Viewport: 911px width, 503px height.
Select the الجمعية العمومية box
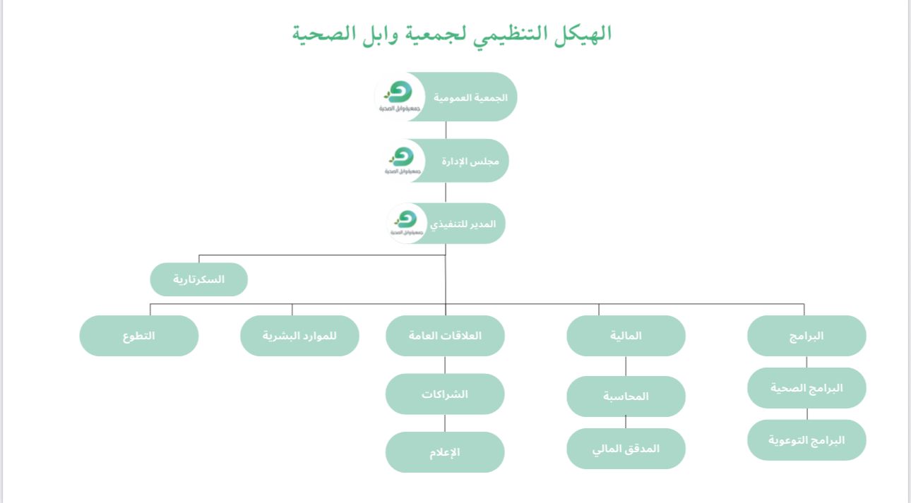click(470, 97)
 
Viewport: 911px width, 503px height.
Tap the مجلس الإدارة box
click(470, 161)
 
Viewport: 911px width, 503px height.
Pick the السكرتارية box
click(198, 279)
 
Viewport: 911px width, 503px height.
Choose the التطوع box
click(138, 336)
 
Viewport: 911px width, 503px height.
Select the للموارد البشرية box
click(299, 336)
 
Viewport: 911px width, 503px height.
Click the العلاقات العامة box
click(445, 336)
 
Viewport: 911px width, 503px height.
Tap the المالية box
click(626, 336)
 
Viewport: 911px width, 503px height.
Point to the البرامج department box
click(806, 336)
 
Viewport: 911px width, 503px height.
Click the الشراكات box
click(445, 394)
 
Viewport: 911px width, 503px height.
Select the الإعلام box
click(445, 452)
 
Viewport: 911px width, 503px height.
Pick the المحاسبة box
click(626, 396)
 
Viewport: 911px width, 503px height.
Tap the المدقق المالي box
click(626, 448)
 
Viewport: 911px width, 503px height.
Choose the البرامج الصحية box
click(806, 387)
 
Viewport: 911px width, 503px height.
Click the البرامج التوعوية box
click(806, 440)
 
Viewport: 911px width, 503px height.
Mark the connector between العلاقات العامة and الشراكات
click(445, 365)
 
